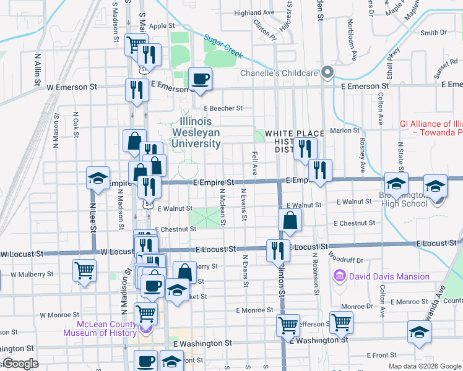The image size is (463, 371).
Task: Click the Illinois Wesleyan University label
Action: pyautogui.click(x=200, y=132)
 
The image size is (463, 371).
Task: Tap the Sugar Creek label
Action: pyautogui.click(x=223, y=46)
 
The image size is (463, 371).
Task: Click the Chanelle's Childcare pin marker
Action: pyautogui.click(x=329, y=73)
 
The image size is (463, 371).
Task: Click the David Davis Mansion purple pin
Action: pyautogui.click(x=339, y=276)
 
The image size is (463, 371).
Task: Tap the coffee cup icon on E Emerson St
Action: pyautogui.click(x=199, y=79)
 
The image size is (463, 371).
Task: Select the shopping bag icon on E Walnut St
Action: pyautogui.click(x=290, y=220)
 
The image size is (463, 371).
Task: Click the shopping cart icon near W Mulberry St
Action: pyautogui.click(x=84, y=270)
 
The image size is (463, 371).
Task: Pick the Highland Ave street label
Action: pyautogui.click(x=254, y=12)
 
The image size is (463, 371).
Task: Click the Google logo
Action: pyautogui.click(x=20, y=364)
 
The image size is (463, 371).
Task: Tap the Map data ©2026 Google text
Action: pyautogui.click(x=424, y=366)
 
